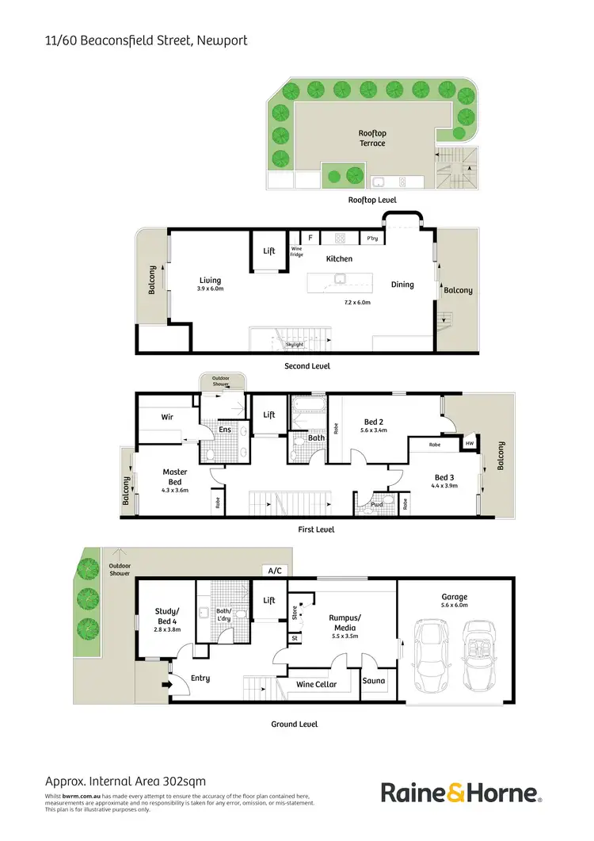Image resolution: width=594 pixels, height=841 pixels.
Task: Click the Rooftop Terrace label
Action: click(372, 139)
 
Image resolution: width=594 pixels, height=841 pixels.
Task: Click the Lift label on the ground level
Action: click(269, 601)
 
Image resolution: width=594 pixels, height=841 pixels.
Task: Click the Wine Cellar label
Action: click(316, 684)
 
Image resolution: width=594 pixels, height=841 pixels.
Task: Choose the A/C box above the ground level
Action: click(275, 571)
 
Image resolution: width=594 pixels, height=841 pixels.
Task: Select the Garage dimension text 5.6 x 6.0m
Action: click(455, 607)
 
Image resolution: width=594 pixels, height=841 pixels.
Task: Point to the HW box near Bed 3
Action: click(470, 445)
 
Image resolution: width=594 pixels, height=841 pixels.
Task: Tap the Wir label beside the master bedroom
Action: click(167, 416)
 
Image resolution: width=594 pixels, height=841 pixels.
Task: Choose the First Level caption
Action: click(314, 529)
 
